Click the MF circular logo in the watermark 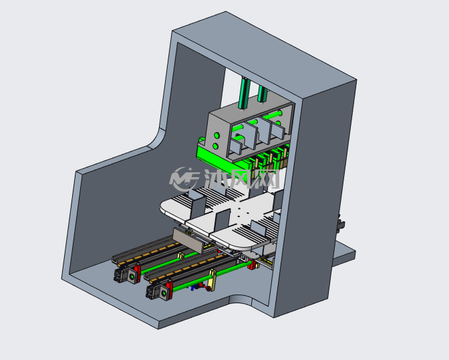click(184, 179)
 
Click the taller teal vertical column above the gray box click(244, 93)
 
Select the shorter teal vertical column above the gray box click(263, 94)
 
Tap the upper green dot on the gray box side click(216, 135)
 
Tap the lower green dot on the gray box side click(215, 146)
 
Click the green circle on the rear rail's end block click(132, 277)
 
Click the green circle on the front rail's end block click(164, 293)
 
